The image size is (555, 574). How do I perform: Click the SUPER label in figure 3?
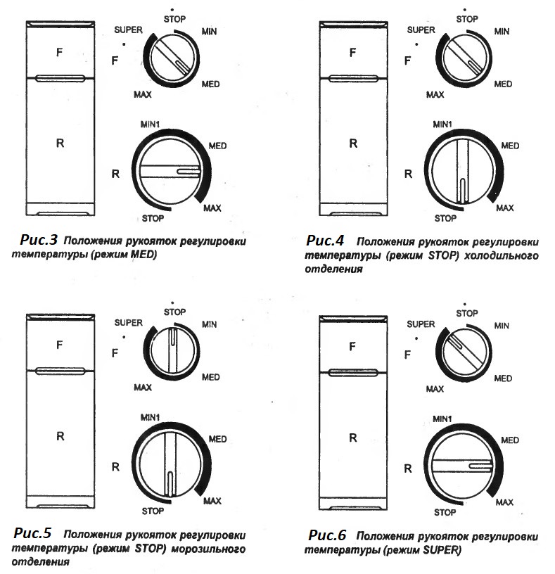(129, 30)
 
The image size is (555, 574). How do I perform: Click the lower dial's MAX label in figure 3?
(212, 208)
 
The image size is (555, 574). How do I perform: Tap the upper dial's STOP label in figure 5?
(174, 310)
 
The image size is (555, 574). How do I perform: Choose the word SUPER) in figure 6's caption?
(440, 550)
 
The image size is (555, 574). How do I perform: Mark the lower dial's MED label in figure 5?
(217, 440)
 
